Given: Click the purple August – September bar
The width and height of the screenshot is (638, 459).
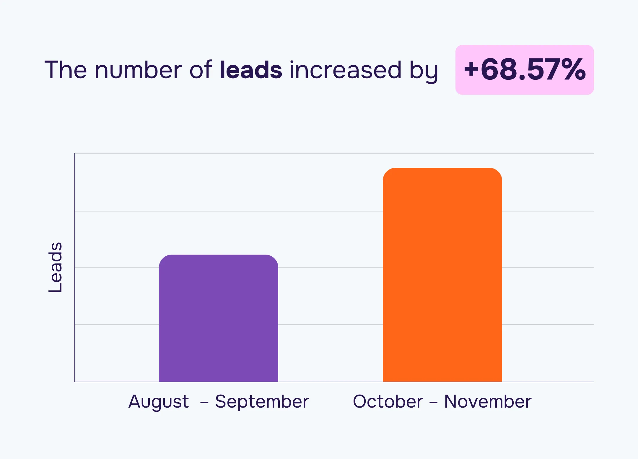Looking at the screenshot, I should (x=218, y=319).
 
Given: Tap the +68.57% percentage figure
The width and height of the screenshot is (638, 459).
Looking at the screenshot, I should (x=525, y=70).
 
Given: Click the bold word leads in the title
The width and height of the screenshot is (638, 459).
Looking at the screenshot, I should (x=251, y=70).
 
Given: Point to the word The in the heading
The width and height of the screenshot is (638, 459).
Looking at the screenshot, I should (x=66, y=70).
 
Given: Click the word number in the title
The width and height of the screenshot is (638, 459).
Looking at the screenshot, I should (x=138, y=70).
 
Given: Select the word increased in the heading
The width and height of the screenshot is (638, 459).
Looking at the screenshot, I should (x=346, y=70).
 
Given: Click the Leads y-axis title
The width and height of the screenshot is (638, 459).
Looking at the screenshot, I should (x=55, y=267).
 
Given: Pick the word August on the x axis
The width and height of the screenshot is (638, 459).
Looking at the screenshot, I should (x=159, y=402).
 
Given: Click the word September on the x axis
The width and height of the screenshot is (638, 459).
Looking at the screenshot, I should (x=262, y=402).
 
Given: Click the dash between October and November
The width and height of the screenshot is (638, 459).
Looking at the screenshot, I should (x=433, y=403).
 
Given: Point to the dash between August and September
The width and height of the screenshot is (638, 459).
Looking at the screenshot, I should (x=204, y=403).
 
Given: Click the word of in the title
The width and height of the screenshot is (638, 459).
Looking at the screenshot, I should (x=201, y=70).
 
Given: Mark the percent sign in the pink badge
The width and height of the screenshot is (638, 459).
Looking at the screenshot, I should (x=574, y=70).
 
